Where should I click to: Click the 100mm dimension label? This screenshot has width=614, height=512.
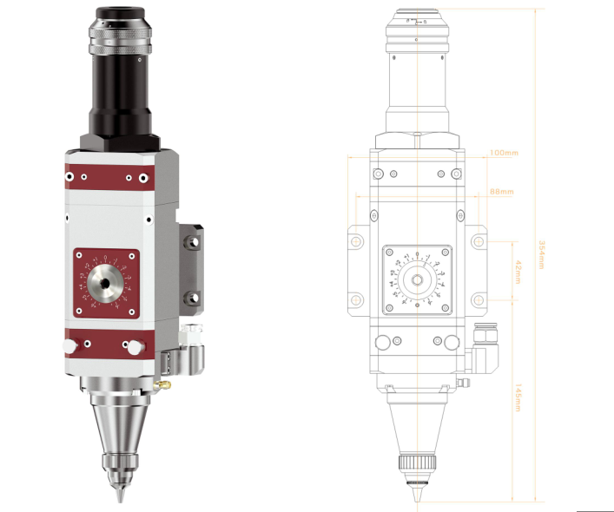click(x=504, y=153)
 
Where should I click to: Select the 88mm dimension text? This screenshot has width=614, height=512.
click(x=501, y=191)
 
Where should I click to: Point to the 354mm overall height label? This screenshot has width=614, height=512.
click(x=541, y=255)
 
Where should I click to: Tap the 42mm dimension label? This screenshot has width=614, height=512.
click(x=516, y=272)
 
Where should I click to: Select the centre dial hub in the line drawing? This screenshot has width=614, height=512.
click(x=417, y=280)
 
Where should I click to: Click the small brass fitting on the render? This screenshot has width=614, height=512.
click(x=162, y=382)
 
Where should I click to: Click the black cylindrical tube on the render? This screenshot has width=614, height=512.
click(x=119, y=91)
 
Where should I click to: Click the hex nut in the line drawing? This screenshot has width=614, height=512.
click(x=417, y=141)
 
